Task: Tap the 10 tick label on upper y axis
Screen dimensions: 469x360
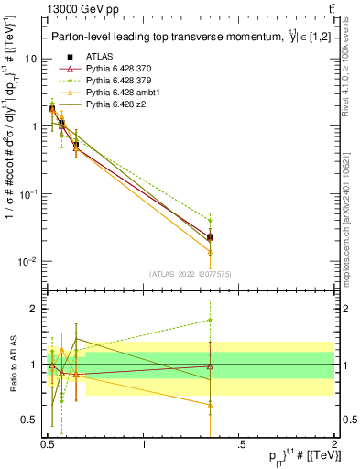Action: pyautogui.click(x=30, y=59)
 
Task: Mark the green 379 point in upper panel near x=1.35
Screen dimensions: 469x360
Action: pyautogui.click(x=210, y=221)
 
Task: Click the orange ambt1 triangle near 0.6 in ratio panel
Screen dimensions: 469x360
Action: pyautogui.click(x=61, y=351)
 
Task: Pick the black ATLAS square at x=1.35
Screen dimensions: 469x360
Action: pyautogui.click(x=210, y=237)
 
